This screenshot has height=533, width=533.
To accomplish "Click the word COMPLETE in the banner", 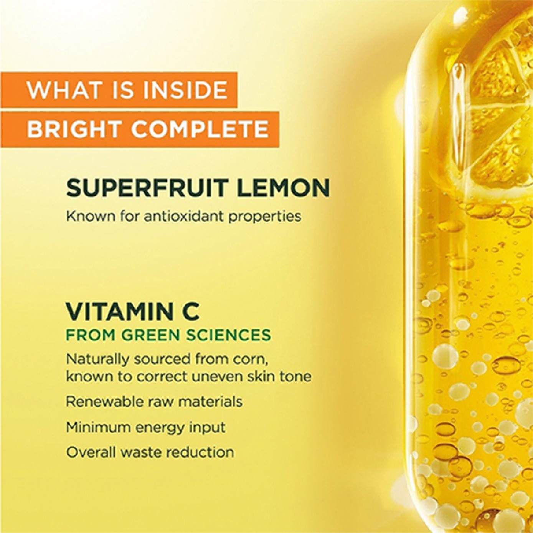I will coord(200,129).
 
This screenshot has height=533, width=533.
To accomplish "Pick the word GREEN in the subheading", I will coord(150,335).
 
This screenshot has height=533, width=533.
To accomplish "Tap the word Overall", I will coord(91,452).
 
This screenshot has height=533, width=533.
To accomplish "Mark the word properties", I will coord(265,217).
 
